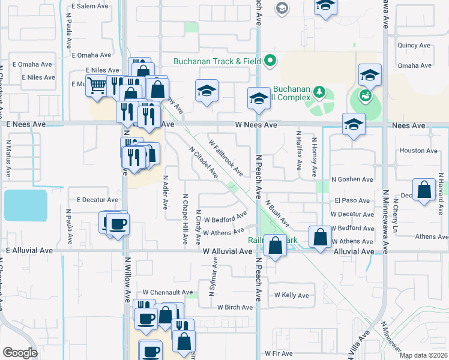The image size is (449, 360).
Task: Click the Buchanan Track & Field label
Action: click(x=217, y=61)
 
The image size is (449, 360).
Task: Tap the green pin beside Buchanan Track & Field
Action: click(x=270, y=60)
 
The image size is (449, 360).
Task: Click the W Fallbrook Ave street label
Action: click(x=226, y=158)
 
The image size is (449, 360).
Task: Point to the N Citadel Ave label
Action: click(x=203, y=162)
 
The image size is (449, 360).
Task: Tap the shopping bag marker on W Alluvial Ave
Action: click(x=275, y=246)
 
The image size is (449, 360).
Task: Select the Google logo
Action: click(x=20, y=352)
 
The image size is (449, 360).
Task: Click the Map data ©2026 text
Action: click(x=423, y=355)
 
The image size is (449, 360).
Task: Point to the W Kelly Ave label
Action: click(x=291, y=295)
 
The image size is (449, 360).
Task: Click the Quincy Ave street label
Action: click(x=414, y=45)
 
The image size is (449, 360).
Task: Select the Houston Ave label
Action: click(x=420, y=151)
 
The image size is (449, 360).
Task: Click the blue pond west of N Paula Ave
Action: click(x=25, y=206)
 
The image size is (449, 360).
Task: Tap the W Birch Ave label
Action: click(x=235, y=307)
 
